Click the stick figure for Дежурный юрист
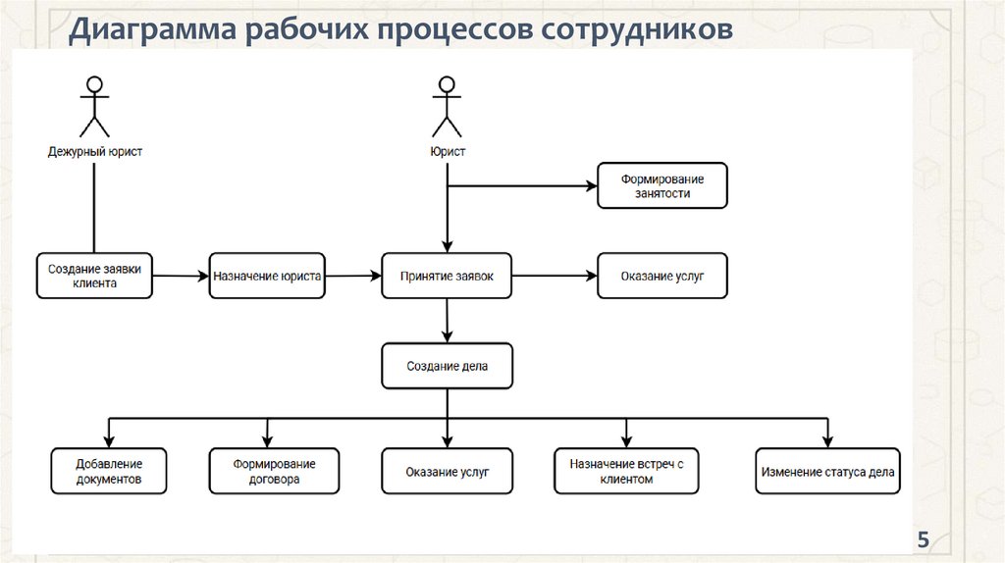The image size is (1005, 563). (94, 107)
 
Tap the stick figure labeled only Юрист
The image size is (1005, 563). (447, 107)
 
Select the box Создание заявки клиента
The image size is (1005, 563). (94, 276)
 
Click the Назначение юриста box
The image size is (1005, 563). (267, 276)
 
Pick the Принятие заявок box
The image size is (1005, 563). (447, 276)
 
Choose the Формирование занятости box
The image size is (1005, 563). (662, 185)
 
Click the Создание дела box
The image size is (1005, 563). (447, 367)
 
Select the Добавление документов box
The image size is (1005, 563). (109, 472)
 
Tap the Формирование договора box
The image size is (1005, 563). (275, 472)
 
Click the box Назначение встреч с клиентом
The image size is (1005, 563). (626, 472)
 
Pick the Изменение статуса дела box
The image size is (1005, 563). (827, 472)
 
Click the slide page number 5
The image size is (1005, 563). (923, 539)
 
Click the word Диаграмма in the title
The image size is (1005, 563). (152, 29)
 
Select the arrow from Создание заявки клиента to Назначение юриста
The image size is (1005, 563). (181, 276)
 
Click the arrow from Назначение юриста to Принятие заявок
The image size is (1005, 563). (353, 276)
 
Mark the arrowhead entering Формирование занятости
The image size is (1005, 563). (592, 185)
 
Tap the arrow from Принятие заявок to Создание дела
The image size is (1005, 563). (447, 321)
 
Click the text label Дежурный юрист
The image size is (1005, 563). (95, 152)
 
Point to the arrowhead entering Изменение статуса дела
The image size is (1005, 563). (827, 442)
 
